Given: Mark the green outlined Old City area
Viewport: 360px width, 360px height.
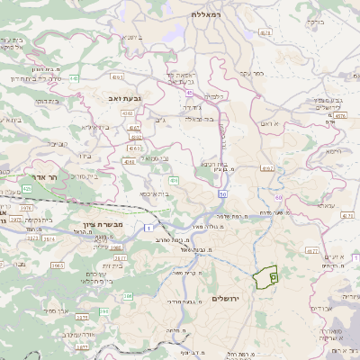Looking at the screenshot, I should coord(264,278).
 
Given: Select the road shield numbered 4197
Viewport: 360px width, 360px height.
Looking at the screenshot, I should coord(267,167).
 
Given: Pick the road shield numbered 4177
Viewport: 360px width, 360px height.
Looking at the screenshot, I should coord(311,251).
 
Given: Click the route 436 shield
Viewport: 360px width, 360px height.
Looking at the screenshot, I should coord(173,181).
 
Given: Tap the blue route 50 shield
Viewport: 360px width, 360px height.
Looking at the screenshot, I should coord(221,194).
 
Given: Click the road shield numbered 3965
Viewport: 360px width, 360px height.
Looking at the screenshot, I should coord(57,265).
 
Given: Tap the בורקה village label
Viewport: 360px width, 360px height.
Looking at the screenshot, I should coord(315,21).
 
